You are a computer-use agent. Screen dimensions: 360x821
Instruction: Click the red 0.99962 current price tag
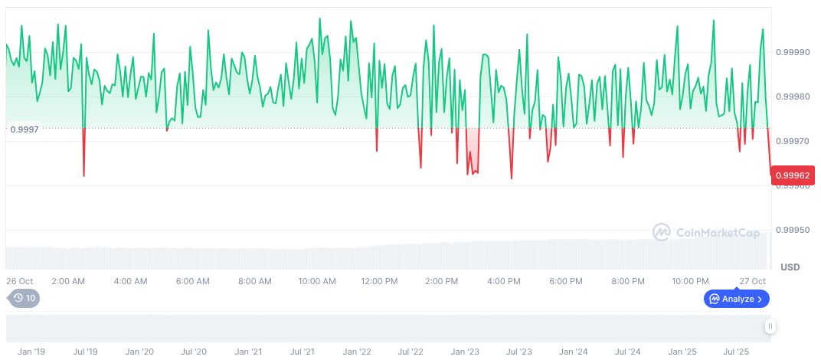[x=793, y=175]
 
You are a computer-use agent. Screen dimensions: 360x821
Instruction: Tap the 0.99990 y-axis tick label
[x=794, y=52]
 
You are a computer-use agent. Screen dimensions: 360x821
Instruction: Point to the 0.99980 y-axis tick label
[x=794, y=97]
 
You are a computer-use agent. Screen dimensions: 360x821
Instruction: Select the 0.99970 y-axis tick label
[x=794, y=141]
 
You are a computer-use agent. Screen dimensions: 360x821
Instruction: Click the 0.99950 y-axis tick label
[x=794, y=230]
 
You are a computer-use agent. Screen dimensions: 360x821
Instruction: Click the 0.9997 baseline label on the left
[x=25, y=129]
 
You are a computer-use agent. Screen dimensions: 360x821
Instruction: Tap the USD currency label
[x=790, y=267]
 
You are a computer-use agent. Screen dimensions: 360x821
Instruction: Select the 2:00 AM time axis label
[x=67, y=281]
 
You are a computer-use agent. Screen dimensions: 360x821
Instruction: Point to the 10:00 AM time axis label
[x=317, y=281]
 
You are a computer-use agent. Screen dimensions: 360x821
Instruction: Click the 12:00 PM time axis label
[x=379, y=281]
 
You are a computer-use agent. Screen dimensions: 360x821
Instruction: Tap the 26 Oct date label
[x=20, y=281]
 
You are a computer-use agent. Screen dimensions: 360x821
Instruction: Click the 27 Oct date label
[x=753, y=281]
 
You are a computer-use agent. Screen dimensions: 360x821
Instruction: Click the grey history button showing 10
[x=24, y=298]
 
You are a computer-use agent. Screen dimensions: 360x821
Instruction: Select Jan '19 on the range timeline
[x=31, y=352]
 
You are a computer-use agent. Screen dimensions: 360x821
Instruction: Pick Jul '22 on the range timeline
[x=410, y=352]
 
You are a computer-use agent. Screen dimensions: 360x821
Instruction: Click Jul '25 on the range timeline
[x=737, y=352]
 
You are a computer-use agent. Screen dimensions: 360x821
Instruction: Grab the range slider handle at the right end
[x=770, y=327]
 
